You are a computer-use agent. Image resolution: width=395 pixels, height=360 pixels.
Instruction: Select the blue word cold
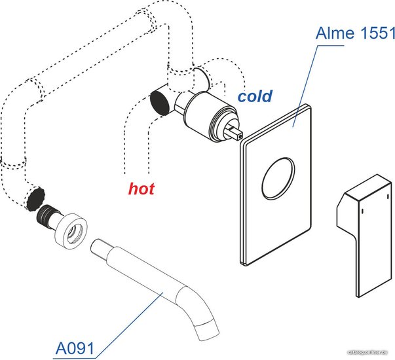(254, 97)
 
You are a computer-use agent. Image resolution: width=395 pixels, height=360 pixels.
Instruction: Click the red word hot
(141, 189)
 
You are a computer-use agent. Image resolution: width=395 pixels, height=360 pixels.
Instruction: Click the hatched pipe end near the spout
(36, 197)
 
